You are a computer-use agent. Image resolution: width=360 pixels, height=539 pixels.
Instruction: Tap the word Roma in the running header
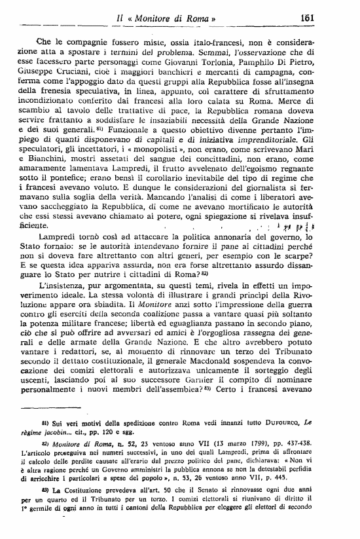click(200, 18)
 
